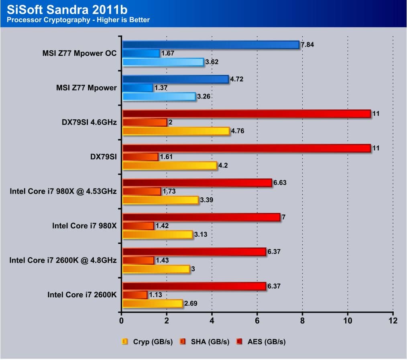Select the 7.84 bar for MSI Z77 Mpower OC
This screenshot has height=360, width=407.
[211, 45]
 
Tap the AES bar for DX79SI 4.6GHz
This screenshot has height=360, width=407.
[246, 114]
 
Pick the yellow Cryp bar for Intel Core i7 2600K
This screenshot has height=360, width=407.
[153, 304]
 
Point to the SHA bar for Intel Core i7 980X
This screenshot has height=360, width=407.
[138, 226]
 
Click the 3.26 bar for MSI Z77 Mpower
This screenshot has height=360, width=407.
[159, 96]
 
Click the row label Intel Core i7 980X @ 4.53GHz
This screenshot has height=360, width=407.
[63, 191]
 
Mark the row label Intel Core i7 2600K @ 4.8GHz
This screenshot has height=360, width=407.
[63, 260]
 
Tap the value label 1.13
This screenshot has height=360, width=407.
[155, 295]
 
